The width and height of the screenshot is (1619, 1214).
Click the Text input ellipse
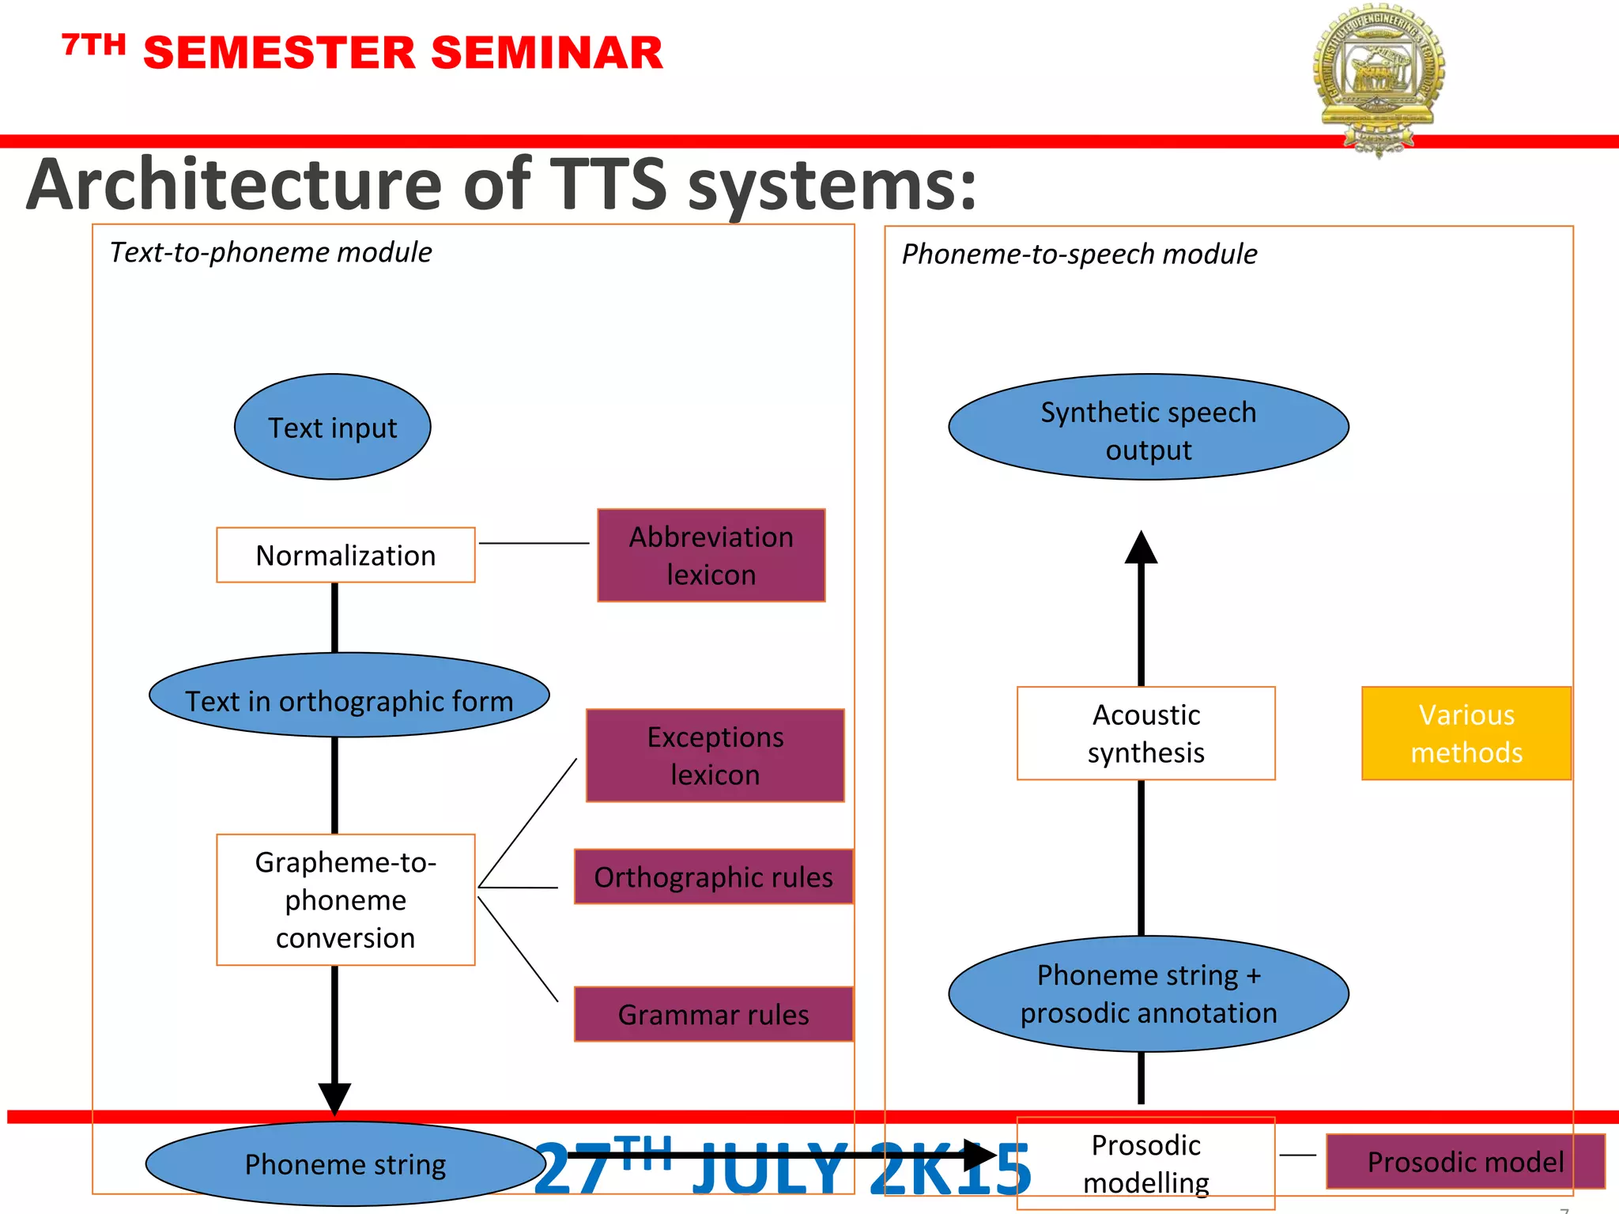332,427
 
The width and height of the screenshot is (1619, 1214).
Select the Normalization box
345,555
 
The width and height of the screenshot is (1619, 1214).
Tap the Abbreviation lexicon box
711,555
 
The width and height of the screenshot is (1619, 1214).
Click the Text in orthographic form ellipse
349,696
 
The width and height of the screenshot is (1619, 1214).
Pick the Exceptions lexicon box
715,755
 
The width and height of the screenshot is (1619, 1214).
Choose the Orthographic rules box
713,877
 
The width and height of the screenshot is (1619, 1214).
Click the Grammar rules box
713,1013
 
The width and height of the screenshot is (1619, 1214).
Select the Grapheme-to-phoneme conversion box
345,899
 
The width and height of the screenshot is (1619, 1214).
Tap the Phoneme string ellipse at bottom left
345,1163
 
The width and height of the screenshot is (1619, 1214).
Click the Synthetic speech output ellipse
1148,427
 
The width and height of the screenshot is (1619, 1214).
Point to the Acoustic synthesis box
1145,733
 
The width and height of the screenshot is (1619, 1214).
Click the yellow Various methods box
1466,733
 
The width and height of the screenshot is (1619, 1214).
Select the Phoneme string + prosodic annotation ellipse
1148,993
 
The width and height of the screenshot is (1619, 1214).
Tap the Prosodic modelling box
1145,1163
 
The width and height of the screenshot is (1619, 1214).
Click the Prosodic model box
1465,1161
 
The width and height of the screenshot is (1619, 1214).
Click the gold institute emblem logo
1379,75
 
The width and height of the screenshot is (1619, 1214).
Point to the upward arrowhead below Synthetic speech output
1141,548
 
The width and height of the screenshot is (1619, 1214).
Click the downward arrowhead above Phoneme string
334,1098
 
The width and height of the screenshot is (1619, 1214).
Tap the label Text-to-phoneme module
270,252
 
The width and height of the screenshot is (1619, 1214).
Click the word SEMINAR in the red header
546,53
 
